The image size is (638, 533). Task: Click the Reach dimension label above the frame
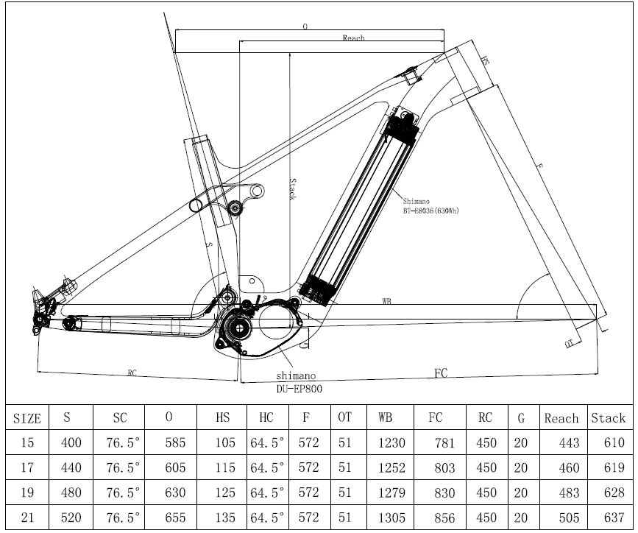[353, 38]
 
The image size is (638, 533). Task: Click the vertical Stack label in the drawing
[291, 188]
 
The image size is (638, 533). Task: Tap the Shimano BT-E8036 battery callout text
[430, 205]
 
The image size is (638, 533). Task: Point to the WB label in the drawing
[386, 302]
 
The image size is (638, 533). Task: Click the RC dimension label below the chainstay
[132, 373]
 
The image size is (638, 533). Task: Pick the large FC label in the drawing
[441, 373]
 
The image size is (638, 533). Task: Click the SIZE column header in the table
[27, 418]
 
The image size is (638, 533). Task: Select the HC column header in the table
[266, 417]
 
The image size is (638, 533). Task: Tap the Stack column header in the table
[608, 417]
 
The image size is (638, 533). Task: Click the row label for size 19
[27, 493]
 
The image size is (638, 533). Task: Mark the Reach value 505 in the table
[561, 518]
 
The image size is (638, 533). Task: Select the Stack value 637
[608, 518]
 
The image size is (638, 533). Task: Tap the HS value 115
[223, 467]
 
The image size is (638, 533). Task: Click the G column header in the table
[521, 417]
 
